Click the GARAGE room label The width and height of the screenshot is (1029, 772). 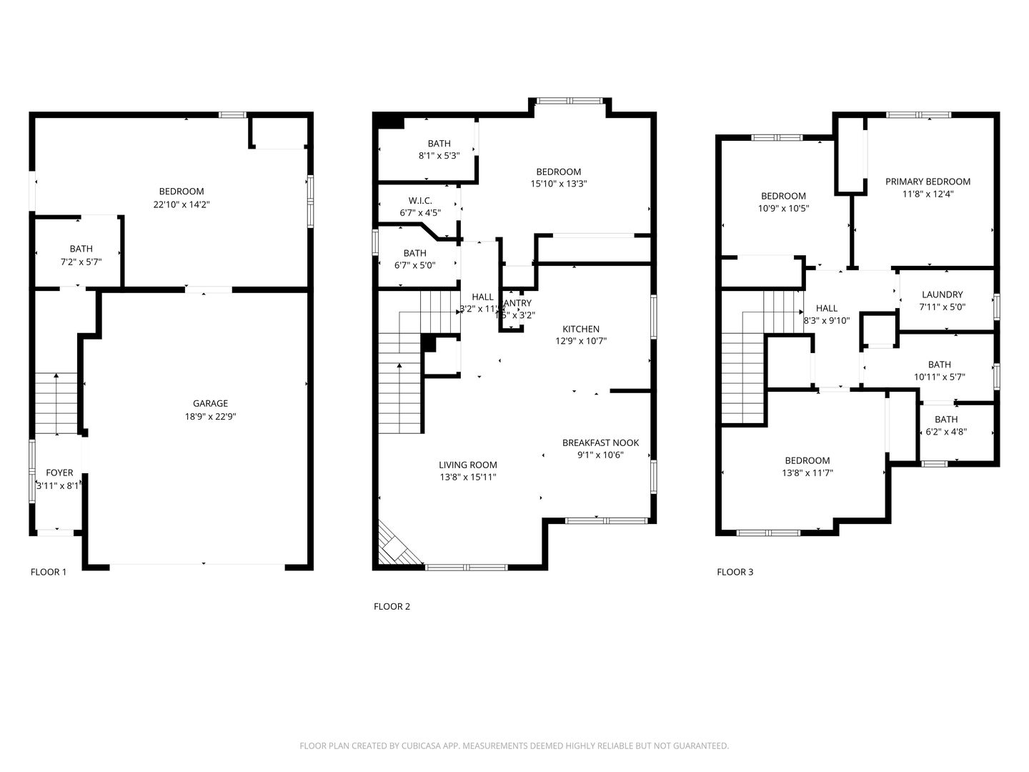tap(210, 404)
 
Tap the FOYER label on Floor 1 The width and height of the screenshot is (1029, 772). tap(59, 472)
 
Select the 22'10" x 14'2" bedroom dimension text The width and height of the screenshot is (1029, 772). tap(181, 204)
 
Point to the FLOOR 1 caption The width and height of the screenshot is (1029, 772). tap(49, 572)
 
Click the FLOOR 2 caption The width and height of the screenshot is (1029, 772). tap(392, 607)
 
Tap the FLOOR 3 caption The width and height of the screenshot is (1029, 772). tap(735, 572)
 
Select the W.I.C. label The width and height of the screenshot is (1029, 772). tap(419, 201)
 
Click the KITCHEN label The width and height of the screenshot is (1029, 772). tap(580, 329)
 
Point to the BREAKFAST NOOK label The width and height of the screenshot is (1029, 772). tap(600, 442)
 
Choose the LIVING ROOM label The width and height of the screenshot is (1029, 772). tap(467, 465)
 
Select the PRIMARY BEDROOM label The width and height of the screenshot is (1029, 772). tap(928, 182)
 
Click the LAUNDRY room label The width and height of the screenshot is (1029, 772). tap(942, 295)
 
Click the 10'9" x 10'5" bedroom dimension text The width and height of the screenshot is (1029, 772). tap(784, 209)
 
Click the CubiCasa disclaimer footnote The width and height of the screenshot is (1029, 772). tap(514, 746)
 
